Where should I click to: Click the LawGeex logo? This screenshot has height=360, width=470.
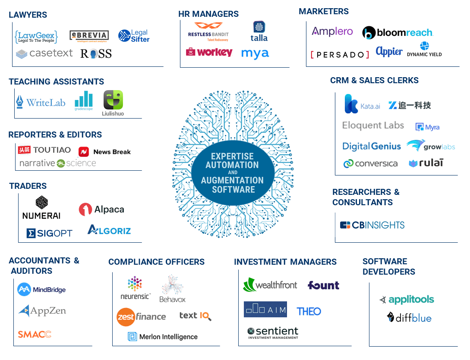coord(36,36)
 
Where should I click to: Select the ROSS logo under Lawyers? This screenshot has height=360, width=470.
coord(96,54)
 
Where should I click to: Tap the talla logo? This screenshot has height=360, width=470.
coord(259,32)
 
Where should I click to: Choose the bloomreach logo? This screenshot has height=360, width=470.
coord(397,33)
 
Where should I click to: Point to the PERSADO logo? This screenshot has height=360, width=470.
coord(340,55)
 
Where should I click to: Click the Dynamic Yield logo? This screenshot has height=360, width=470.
coord(424,50)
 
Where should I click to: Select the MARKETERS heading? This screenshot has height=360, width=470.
coord(324,12)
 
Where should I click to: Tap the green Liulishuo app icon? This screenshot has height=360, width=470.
coord(113,102)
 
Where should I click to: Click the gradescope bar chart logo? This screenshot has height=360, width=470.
coord(84,100)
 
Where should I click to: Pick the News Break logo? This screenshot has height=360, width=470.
coord(104,152)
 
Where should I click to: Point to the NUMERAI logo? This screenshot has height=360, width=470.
coord(41,208)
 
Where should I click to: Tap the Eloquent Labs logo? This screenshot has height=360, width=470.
coord(373,125)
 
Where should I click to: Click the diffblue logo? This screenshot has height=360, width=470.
coord(409,318)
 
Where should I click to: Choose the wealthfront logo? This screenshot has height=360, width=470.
coord(270,285)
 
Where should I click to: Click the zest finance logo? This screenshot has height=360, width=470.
coord(141,317)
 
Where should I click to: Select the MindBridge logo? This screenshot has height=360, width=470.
coord(41,289)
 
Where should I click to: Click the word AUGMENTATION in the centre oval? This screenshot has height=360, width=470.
coord(233,180)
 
